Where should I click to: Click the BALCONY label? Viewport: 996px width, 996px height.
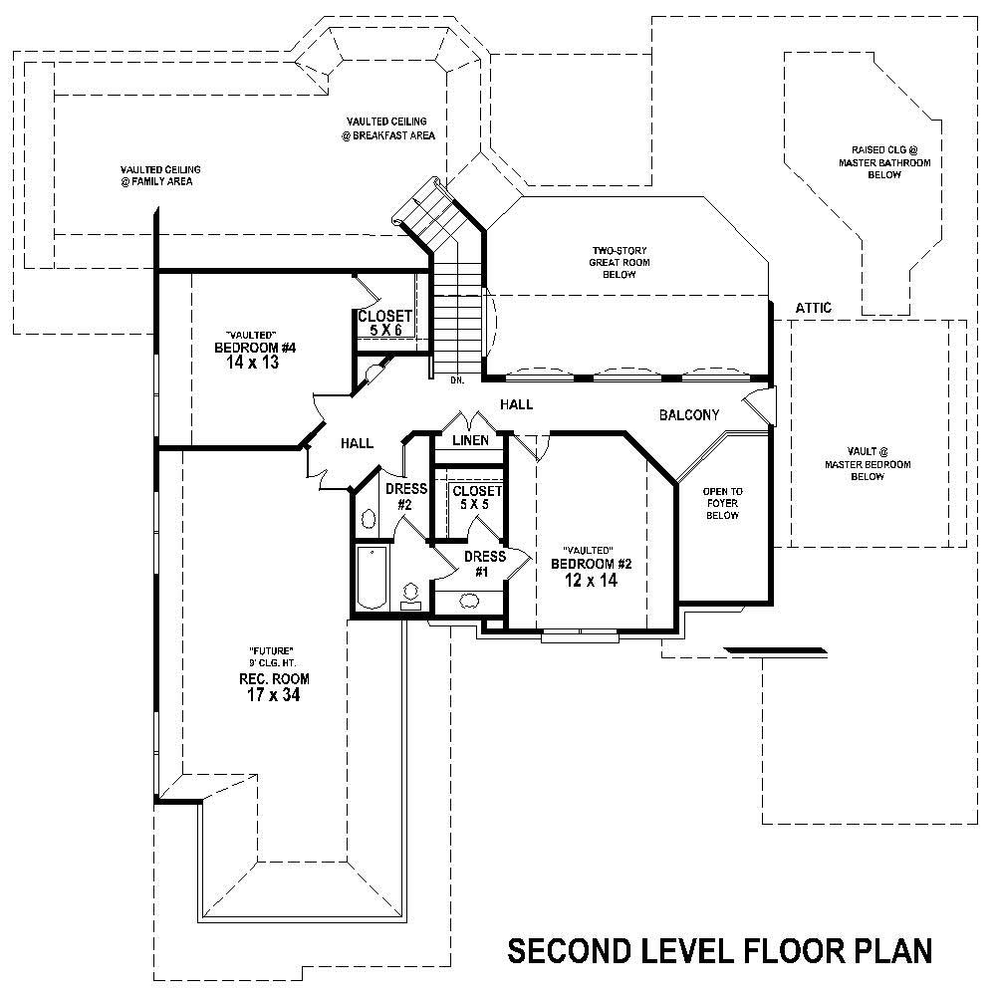(689, 415)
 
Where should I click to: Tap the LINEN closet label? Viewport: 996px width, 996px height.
(470, 440)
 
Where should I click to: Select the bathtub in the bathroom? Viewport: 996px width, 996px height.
(372, 578)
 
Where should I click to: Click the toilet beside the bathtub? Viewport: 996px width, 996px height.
(410, 596)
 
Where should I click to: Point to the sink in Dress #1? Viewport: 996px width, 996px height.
(466, 600)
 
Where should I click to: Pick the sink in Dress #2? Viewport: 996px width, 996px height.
(367, 519)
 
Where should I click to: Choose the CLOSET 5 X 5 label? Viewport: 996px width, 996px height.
(477, 498)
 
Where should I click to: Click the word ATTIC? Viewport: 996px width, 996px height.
(814, 309)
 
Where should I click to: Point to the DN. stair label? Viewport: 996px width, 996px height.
(457, 380)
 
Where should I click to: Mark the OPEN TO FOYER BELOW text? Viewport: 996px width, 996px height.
(722, 504)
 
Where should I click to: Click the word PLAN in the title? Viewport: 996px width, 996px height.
(879, 951)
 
